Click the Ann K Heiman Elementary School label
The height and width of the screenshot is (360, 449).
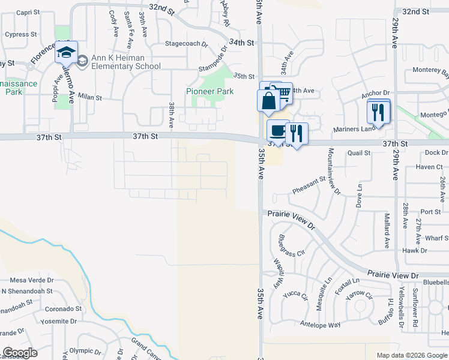coord(126,62)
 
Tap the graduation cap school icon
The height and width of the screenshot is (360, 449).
coord(66,53)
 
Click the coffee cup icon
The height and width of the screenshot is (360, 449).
coord(277,130)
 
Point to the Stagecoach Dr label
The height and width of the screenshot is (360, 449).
coord(186,44)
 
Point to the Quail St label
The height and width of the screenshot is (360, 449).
coord(359,153)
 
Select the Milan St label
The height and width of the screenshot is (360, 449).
coord(90,97)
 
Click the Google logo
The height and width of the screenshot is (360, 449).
coord(20,353)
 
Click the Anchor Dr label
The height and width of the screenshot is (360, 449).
coord(376,94)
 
